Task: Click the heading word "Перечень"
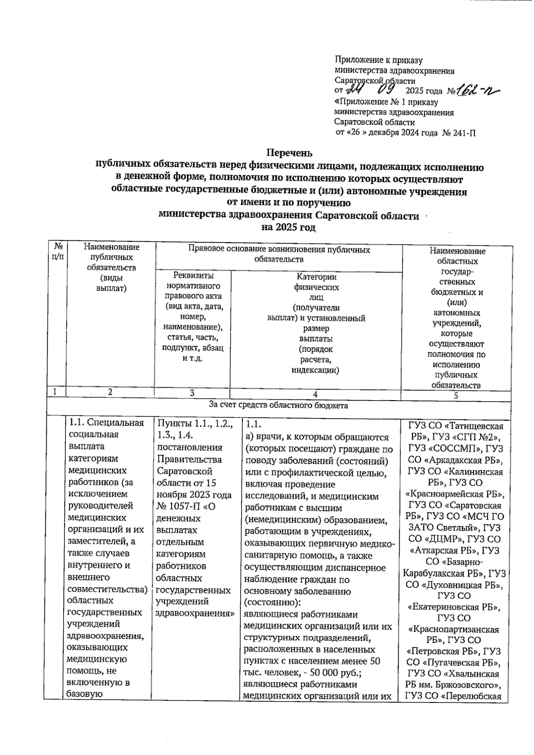[x=289, y=154]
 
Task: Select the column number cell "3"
[x=192, y=393]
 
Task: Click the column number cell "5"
[x=456, y=396]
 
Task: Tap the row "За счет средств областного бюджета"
[x=279, y=406]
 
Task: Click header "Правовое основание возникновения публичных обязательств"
[x=279, y=254]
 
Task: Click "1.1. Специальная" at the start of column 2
[x=105, y=423]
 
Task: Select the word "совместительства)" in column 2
[x=107, y=589]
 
